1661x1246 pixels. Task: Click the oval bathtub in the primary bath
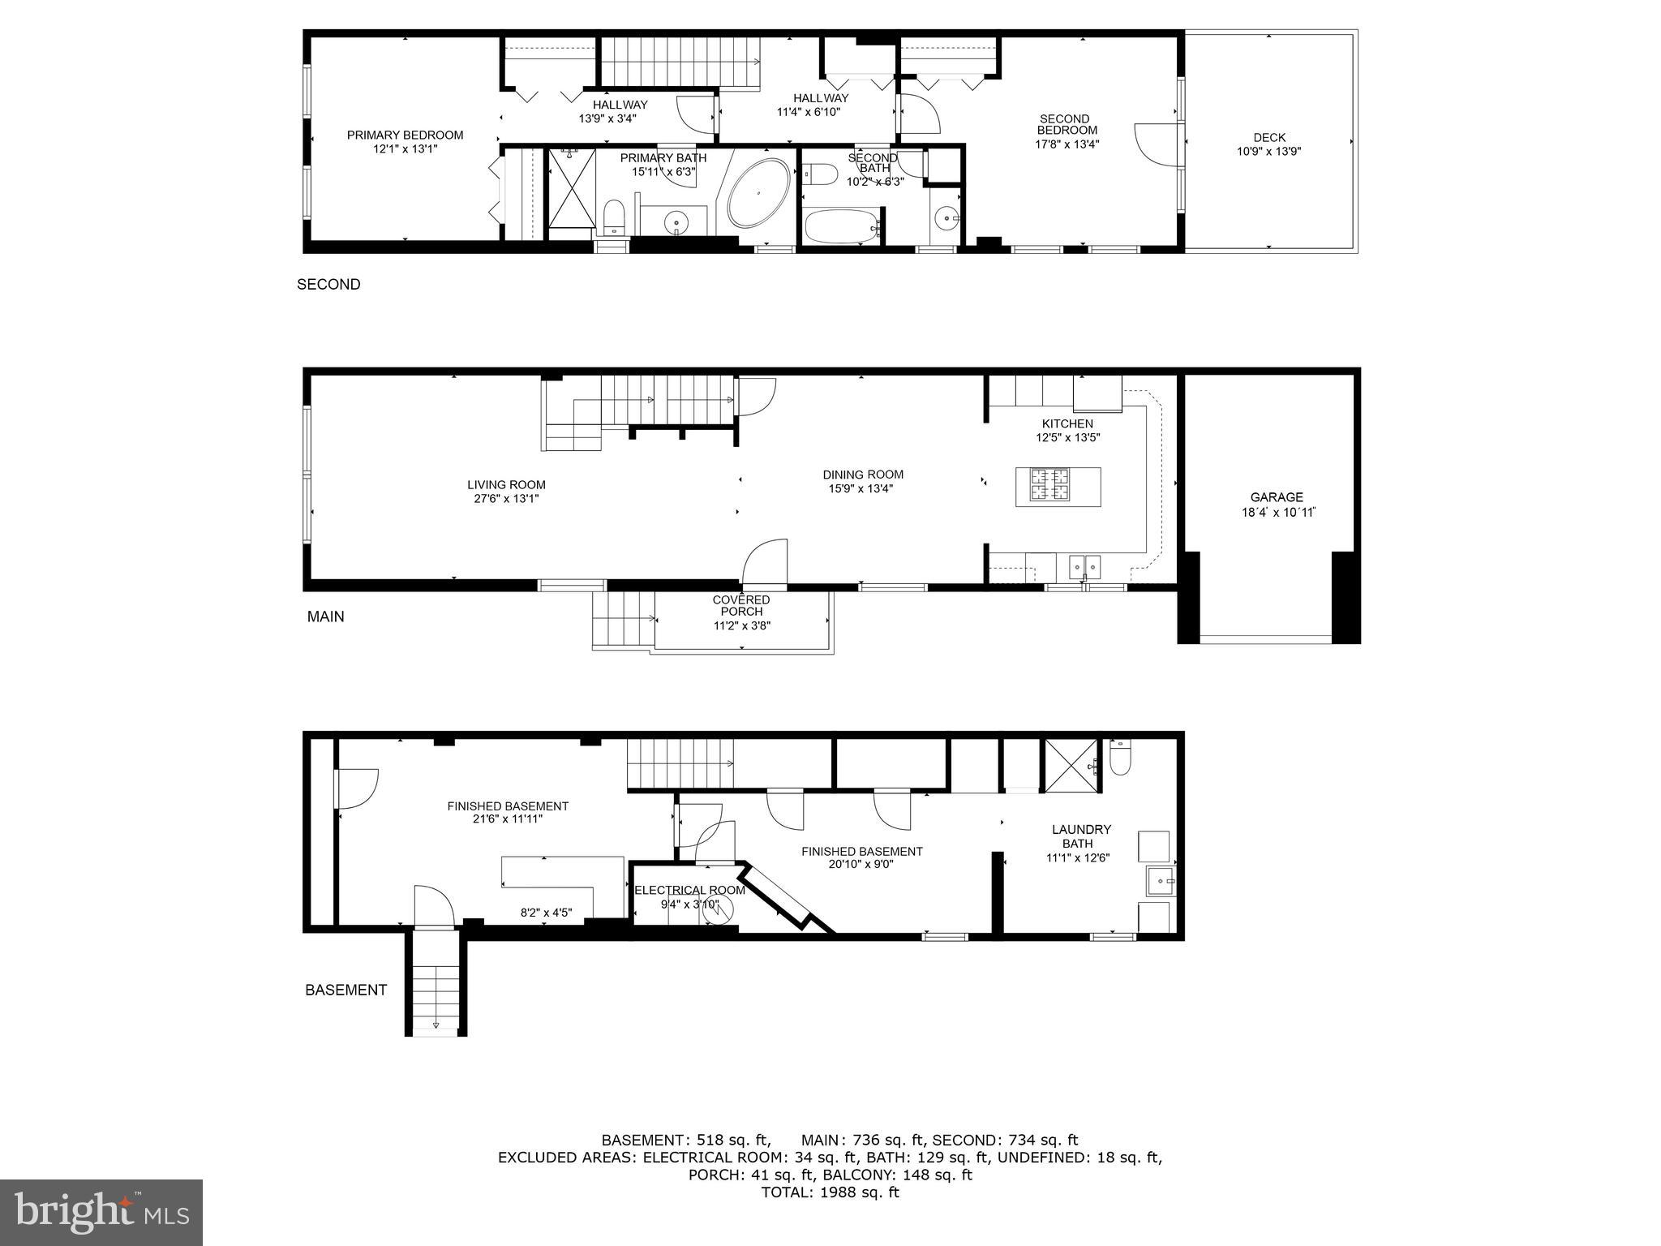point(758,194)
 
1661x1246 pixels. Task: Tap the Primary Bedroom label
point(405,135)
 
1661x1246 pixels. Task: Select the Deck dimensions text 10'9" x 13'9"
point(1268,151)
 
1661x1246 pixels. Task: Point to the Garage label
point(1276,497)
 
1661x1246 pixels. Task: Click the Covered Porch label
point(740,605)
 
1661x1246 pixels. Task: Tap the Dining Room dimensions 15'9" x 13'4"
point(862,488)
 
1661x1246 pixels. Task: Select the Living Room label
point(506,484)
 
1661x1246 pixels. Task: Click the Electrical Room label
point(689,890)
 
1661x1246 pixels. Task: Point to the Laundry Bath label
point(1081,836)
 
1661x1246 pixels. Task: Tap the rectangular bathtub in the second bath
point(841,225)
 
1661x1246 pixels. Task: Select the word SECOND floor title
point(328,284)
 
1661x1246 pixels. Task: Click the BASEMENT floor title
point(346,990)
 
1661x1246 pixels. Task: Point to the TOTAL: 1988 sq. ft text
point(830,1192)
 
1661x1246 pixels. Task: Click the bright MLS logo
point(101,1212)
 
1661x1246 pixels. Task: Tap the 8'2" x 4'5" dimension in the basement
point(546,913)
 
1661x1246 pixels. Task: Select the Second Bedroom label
point(1067,124)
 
